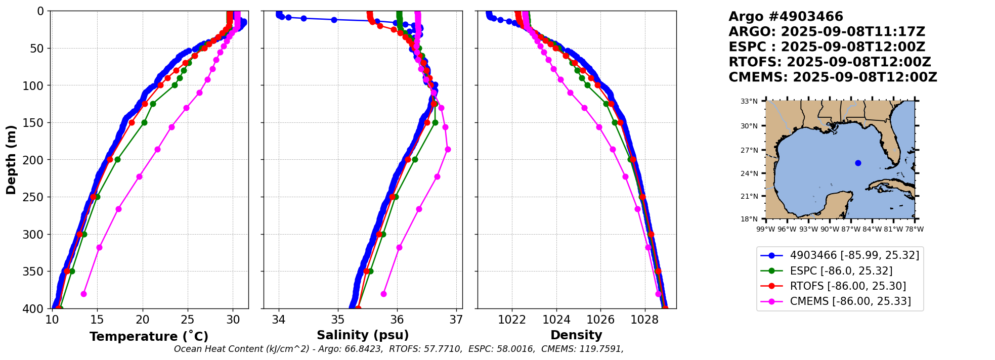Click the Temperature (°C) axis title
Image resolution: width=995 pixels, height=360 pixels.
pos(149,337)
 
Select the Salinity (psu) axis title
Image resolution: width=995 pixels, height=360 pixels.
pos(363,335)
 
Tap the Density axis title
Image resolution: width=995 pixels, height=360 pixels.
pos(576,335)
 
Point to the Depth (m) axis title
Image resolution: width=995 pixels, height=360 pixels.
pos(11,160)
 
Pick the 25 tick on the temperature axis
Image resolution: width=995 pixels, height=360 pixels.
pos(188,320)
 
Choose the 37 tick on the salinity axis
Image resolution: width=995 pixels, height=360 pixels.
pos(456,320)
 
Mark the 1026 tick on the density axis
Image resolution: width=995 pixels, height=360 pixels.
pos(600,320)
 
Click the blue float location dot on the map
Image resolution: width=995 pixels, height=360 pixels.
pos(858,163)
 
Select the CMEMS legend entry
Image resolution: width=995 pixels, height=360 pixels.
pos(850,301)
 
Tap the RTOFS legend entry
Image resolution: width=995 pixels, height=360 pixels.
pos(848,286)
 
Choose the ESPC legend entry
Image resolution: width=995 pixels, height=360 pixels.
pos(841,271)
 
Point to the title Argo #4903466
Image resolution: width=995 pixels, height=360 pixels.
pos(786,17)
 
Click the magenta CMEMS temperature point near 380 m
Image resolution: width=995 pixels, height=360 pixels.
pos(83,294)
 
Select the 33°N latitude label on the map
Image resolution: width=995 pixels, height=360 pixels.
pos(749,102)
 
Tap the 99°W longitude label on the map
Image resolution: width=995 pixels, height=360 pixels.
pos(766,229)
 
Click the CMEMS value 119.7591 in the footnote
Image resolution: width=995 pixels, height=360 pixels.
pos(603,349)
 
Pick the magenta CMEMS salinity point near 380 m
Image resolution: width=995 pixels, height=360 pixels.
pos(383,294)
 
